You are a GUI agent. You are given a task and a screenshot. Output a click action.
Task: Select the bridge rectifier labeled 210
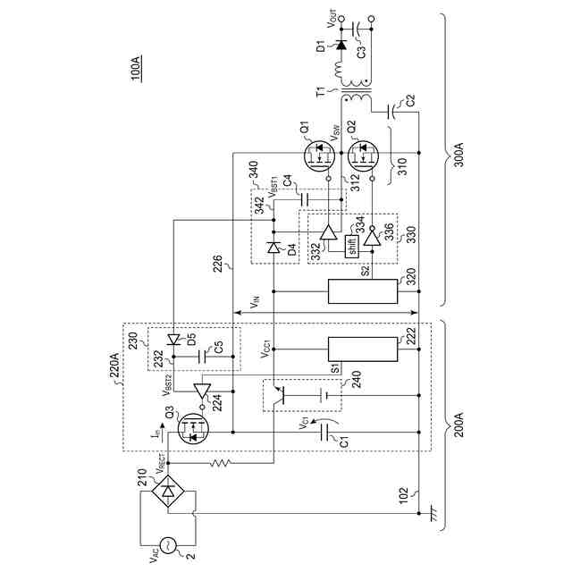167,490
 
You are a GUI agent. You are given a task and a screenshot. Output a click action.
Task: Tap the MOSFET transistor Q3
193,432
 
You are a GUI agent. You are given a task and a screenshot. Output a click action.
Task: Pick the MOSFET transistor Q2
363,158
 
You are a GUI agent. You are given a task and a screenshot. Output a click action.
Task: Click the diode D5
174,339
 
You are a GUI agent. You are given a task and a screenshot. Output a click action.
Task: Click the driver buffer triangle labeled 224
202,391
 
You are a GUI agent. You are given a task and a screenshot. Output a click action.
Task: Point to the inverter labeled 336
371,235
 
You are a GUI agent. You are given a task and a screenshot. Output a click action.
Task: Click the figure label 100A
135,69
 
